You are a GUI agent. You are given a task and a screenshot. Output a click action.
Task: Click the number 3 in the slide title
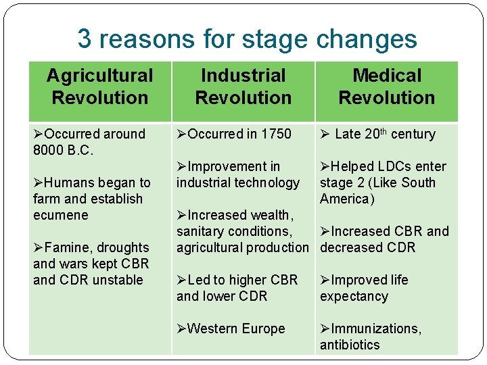[x=85, y=39]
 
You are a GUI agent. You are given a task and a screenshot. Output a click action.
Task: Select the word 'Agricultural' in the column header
[x=99, y=76]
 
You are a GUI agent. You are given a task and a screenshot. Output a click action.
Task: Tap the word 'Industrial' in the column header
[x=243, y=76]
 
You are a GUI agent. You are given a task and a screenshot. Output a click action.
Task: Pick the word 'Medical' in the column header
[x=387, y=76]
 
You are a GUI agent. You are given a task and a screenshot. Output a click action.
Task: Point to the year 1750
[x=277, y=134]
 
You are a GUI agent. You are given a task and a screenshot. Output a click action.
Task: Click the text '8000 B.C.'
[x=63, y=150]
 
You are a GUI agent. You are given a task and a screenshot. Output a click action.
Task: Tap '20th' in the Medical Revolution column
[x=376, y=134]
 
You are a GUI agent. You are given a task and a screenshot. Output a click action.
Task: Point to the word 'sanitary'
[x=202, y=231]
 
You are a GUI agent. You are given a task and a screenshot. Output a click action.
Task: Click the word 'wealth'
[x=271, y=215]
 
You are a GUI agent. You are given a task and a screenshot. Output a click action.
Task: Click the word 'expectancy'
[x=354, y=296]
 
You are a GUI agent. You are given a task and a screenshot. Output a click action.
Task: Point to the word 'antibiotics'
[x=350, y=345]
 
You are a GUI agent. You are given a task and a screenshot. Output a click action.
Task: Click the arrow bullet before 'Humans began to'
[x=39, y=182]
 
